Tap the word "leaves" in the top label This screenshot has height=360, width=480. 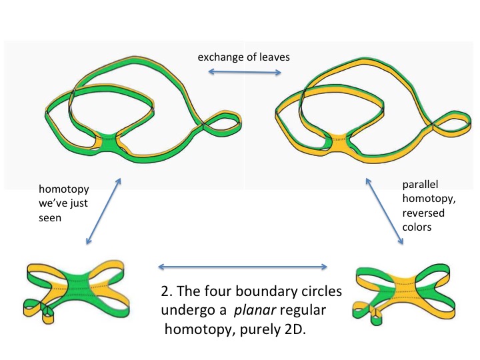point(274,57)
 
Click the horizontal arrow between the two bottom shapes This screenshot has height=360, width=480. point(243,267)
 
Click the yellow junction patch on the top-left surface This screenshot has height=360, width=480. point(107,141)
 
